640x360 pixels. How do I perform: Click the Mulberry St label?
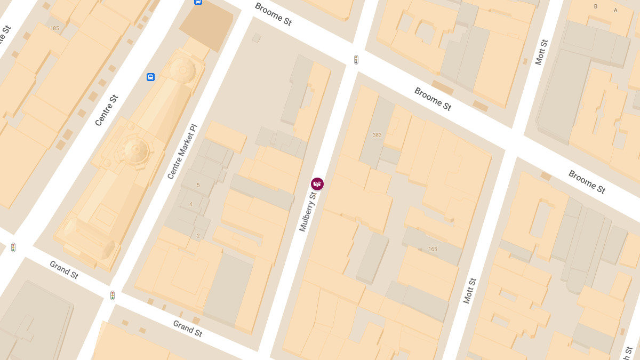pos(308,212)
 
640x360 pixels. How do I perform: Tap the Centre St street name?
pos(107,110)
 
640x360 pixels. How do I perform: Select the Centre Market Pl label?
pos(182,151)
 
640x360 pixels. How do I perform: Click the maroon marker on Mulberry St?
pos(317,184)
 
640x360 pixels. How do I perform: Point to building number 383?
pos(377,135)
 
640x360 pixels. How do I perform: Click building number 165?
pos(432,249)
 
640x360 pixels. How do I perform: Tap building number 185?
pos(54,28)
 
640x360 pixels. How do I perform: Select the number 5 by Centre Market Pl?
pos(198,185)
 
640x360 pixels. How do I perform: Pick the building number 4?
pos(190,204)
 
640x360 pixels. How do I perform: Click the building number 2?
pos(198,235)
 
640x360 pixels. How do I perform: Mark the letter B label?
pos(596,6)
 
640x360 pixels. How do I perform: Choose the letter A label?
pos(615,10)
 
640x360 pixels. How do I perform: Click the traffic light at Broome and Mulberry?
pos(356,60)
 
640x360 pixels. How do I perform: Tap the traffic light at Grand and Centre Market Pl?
pos(113,295)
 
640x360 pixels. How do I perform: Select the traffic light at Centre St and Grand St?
pos(13,247)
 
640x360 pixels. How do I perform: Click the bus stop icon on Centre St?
pos(150,77)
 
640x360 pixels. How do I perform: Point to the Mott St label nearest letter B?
pos(541,52)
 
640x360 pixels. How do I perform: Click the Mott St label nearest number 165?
pos(469,291)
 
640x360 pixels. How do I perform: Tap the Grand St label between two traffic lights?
pos(64,270)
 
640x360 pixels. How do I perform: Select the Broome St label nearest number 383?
pos(433,99)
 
